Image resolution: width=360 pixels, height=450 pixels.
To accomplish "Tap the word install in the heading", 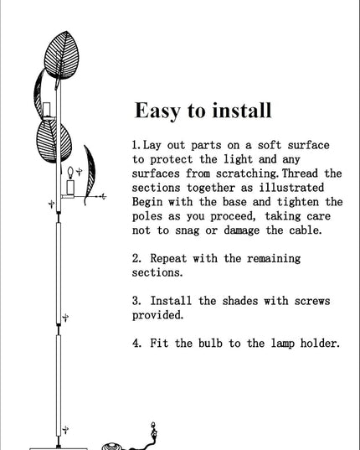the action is click(x=242, y=110).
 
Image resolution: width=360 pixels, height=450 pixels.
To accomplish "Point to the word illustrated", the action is click(x=291, y=188).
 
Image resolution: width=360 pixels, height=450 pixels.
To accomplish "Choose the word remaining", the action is click(x=274, y=259).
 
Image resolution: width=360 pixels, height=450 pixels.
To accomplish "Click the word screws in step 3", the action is click(x=312, y=301).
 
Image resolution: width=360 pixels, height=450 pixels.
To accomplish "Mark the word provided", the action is click(x=157, y=315).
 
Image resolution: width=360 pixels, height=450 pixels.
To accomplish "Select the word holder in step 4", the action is click(x=320, y=344).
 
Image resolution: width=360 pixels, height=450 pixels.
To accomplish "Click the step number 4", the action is click(x=136, y=344).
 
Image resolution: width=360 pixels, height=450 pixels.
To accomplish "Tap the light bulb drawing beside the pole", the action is click(x=70, y=173).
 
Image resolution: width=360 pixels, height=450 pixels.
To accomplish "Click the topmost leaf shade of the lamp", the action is click(x=62, y=55).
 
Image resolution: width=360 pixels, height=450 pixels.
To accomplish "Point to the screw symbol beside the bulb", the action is click(x=79, y=172).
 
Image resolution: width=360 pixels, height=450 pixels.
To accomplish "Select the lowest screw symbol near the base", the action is click(x=65, y=429).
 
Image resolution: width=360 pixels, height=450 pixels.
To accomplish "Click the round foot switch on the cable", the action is click(x=112, y=447).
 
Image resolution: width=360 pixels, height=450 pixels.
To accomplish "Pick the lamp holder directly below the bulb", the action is click(x=70, y=187).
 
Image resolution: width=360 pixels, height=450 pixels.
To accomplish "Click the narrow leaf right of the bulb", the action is click(x=90, y=175).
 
